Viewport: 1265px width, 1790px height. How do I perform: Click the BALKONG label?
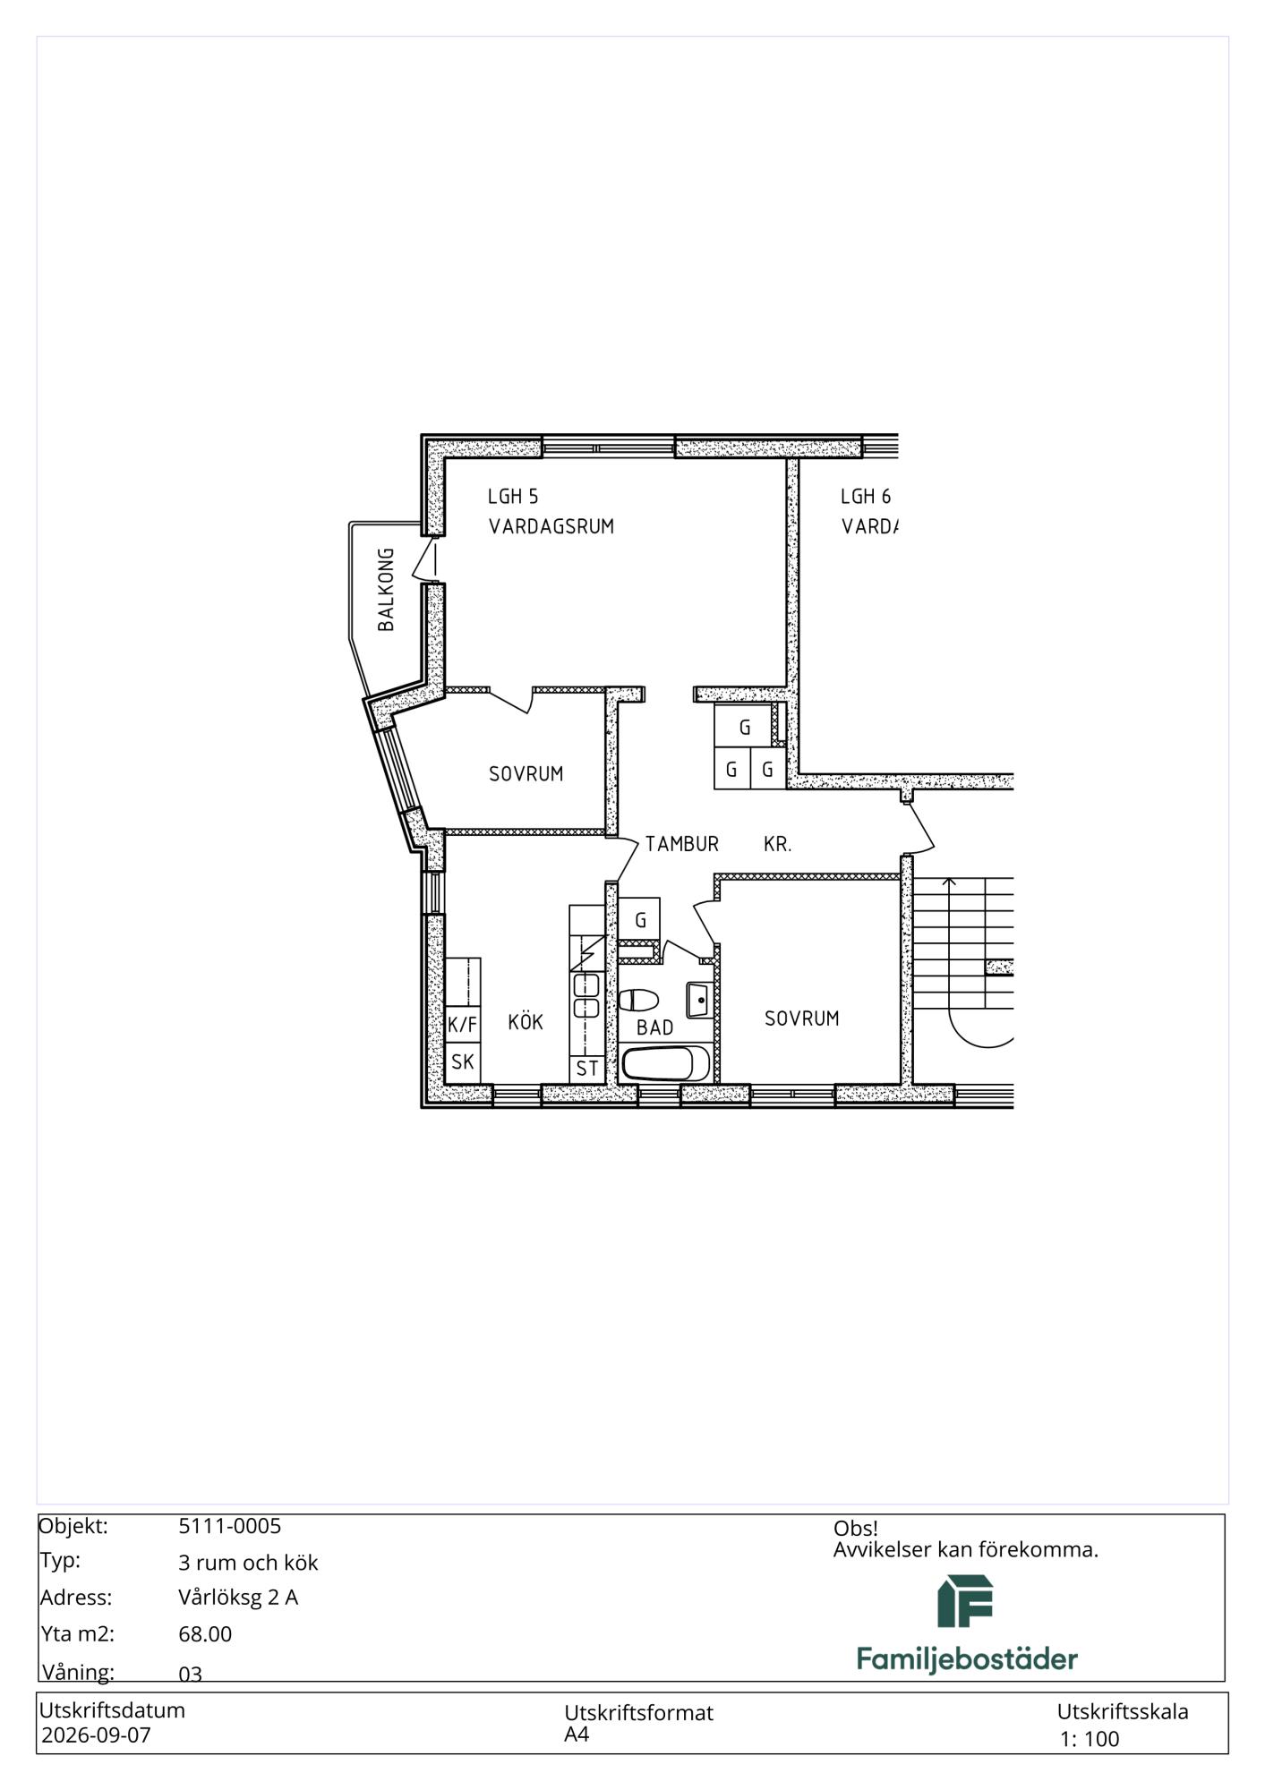click(x=386, y=590)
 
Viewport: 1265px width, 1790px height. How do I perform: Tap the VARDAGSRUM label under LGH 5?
click(x=551, y=526)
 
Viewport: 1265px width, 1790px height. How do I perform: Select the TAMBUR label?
click(x=682, y=843)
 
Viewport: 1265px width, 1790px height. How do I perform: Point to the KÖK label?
click(x=526, y=1021)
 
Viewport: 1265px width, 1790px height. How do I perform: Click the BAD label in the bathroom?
click(x=655, y=1027)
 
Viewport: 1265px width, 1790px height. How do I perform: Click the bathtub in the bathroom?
click(x=666, y=1064)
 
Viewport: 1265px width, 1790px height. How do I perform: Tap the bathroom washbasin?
click(x=700, y=999)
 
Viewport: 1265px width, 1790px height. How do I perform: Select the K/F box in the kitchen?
click(x=463, y=1025)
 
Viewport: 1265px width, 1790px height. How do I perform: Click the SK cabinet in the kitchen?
click(x=463, y=1062)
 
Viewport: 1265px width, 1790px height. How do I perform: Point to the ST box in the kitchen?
click(x=587, y=1069)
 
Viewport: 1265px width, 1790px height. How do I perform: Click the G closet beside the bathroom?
click(x=640, y=919)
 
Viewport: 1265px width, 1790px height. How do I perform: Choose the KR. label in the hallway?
click(x=778, y=843)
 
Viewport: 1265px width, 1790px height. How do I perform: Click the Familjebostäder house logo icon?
click(x=965, y=1601)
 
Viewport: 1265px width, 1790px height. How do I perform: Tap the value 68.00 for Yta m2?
click(x=205, y=1634)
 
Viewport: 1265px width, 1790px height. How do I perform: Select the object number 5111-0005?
click(x=230, y=1526)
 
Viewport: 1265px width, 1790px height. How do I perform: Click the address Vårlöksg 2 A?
click(x=238, y=1598)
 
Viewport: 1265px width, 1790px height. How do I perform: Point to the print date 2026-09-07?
click(x=97, y=1735)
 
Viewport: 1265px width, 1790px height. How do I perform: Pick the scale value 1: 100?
click(x=1090, y=1739)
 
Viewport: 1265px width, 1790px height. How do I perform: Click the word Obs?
click(x=856, y=1529)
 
